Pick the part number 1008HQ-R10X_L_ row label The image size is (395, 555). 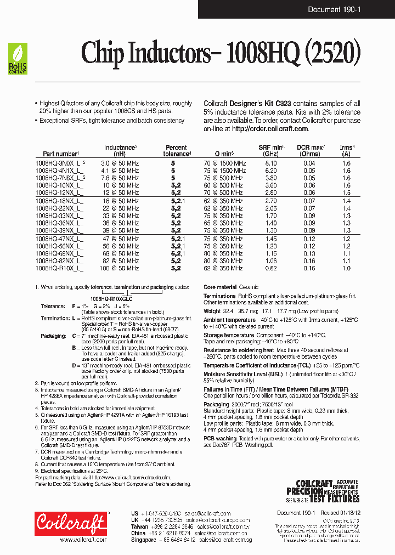tap(59, 268)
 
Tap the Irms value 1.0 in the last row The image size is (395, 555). tap(346, 268)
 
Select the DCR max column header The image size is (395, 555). tap(311, 151)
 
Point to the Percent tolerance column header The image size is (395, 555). tap(176, 151)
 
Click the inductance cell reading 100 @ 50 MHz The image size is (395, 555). tap(119, 268)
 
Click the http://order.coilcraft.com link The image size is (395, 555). tap(269, 128)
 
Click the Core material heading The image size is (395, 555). tap(220, 287)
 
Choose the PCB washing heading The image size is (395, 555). tap(220, 438)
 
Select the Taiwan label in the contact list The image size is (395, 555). tap(140, 525)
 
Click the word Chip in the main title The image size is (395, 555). tap(100, 53)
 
